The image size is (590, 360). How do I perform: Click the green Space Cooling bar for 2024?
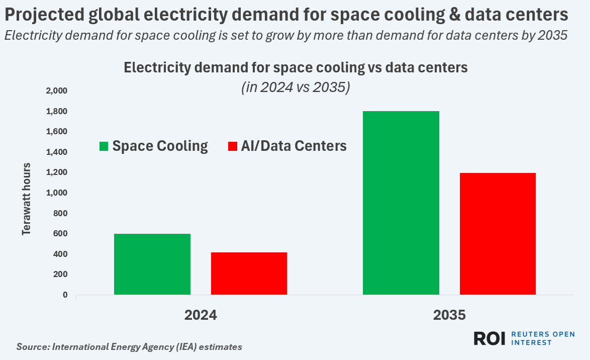[x=152, y=264]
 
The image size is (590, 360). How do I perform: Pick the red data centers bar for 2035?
[x=498, y=233]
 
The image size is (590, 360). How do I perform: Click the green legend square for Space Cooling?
[x=104, y=146]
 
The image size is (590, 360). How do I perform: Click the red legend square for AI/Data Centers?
[x=232, y=146]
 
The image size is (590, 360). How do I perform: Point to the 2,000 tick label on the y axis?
[x=56, y=91]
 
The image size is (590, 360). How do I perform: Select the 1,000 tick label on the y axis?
[x=56, y=193]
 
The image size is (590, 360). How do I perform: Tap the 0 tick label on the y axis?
[x=65, y=295]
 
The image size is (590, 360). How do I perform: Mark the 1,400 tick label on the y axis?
[x=56, y=152]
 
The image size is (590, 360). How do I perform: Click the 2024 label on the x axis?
[x=201, y=315]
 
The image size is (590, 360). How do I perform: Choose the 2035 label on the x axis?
[x=449, y=315]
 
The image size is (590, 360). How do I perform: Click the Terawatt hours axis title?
[x=26, y=199]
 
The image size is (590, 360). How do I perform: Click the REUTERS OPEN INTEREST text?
[x=543, y=338]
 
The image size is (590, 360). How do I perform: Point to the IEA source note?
[x=129, y=347]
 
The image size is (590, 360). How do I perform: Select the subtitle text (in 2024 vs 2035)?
[x=296, y=87]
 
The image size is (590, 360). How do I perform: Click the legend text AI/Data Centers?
[x=293, y=146]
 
